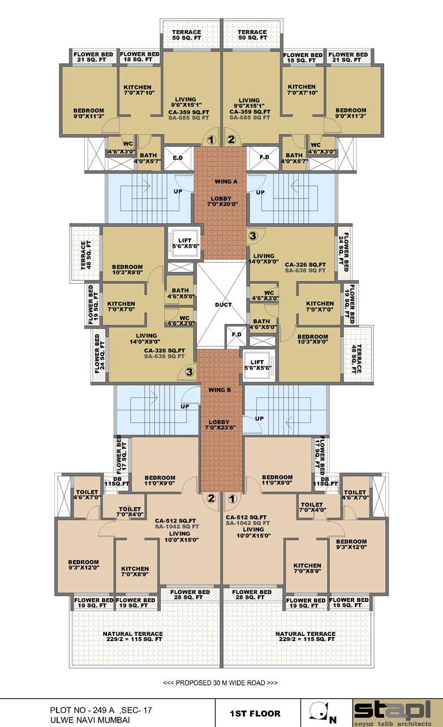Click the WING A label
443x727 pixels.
tap(226, 181)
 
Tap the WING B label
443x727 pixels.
tap(220, 390)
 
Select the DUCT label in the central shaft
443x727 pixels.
tap(223, 305)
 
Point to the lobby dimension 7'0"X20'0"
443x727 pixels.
tap(222, 204)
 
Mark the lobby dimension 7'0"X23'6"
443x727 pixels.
tap(220, 428)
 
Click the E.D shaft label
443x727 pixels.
tap(178, 158)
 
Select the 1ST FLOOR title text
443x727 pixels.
tap(255, 713)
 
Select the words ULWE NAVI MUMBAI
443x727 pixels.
tap(90, 720)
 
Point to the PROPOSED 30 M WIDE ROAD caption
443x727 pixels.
tap(220, 683)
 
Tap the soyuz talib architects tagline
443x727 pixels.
tap(393, 724)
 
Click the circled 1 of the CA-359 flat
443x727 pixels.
tap(211, 140)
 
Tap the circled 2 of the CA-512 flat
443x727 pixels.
tap(211, 498)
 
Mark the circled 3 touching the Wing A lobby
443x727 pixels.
tap(253, 236)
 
